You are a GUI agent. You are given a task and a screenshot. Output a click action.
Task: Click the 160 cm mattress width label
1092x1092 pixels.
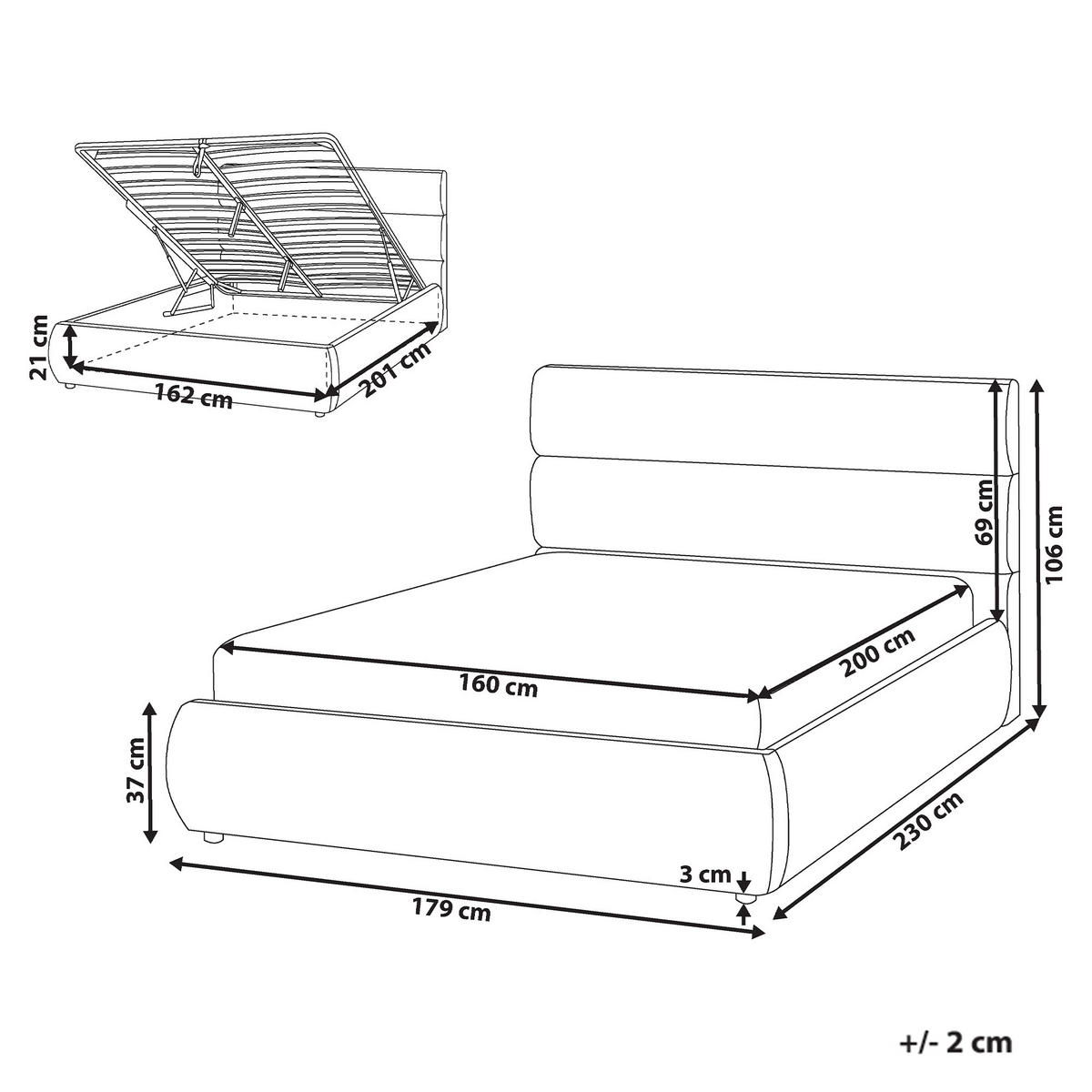pos(498,687)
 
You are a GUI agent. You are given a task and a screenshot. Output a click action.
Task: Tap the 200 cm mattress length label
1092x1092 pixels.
pos(878,652)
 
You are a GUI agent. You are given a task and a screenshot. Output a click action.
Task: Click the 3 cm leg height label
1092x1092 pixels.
pos(705,875)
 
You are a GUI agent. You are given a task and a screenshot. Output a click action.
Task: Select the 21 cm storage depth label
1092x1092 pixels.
pos(40,348)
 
